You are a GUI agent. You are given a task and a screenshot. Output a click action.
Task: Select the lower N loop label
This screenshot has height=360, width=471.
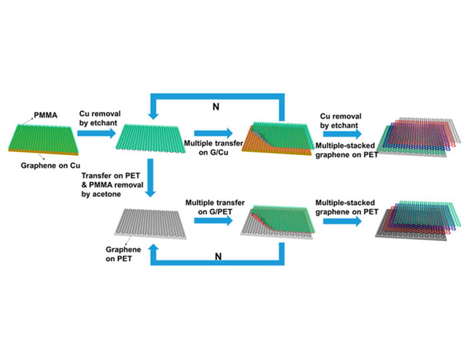pos(217,256)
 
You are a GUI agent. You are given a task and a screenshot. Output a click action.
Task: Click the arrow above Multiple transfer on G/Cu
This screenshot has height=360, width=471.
pos(213,133)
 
